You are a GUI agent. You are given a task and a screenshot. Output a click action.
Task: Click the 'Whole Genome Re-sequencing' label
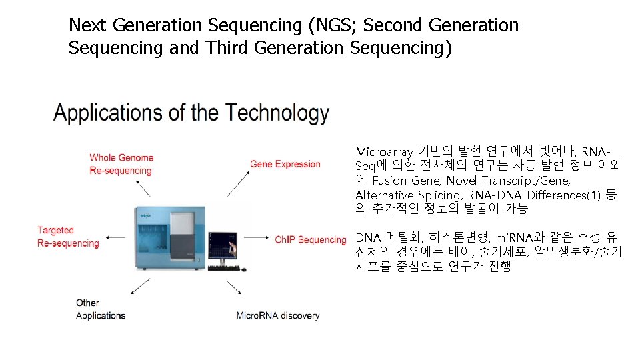tap(121, 164)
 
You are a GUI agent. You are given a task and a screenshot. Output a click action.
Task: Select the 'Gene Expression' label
tap(285, 164)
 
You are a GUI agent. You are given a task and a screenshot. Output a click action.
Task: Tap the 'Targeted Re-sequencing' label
tap(68, 237)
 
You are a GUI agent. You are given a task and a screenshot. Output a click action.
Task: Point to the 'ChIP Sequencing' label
tap(311, 239)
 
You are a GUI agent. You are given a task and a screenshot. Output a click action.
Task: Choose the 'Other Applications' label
tap(100, 309)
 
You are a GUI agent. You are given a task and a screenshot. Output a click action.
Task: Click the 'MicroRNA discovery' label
tap(277, 315)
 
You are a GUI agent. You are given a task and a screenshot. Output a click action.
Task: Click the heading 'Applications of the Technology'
tap(191, 113)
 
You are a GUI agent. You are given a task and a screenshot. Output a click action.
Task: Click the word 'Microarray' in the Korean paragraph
tap(383, 152)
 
